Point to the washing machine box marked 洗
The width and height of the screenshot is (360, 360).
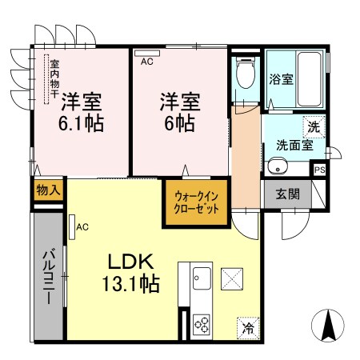point(314,126)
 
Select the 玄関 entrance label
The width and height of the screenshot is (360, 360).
point(288,194)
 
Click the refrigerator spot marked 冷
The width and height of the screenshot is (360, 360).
point(248,326)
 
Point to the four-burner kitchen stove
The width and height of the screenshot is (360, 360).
point(201,324)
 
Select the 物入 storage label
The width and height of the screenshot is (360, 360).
point(47,190)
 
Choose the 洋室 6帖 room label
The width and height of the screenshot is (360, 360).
point(178,112)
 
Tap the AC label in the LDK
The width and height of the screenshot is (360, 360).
point(82,227)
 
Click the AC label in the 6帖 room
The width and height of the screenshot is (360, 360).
point(146,61)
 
